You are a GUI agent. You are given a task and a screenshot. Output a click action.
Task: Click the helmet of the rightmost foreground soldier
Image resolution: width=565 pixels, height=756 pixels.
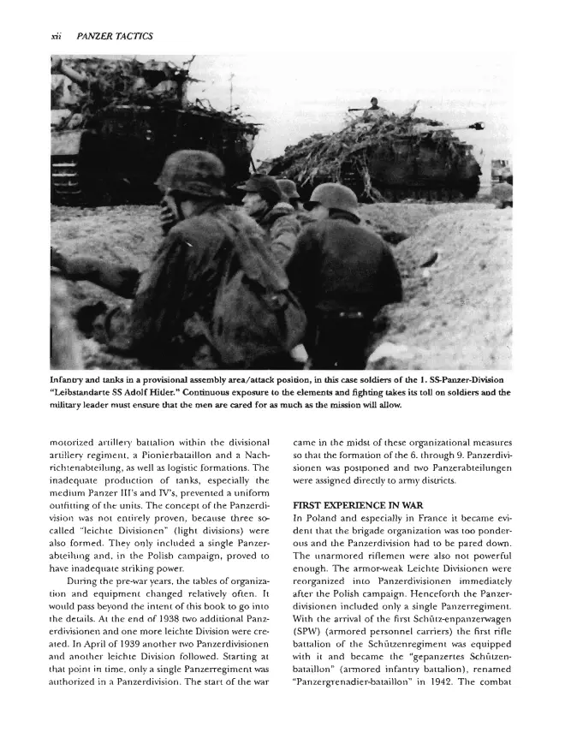click(x=332, y=196)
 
